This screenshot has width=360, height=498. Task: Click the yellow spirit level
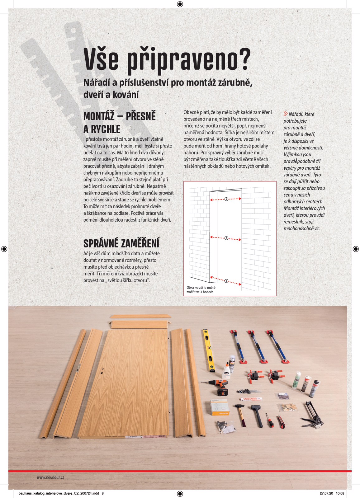coord(209,350)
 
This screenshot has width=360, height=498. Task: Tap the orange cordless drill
coord(219,386)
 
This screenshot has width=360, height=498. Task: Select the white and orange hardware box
coord(219,408)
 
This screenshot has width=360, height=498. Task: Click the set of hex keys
coord(245,391)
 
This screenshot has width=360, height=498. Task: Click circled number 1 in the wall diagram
coord(226,199)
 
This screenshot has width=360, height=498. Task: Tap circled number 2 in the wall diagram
coord(226,238)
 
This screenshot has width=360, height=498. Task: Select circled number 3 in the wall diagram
coord(226,281)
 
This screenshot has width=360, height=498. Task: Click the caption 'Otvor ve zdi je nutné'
coord(201,288)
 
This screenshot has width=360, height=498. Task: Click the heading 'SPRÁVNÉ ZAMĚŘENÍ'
coord(121,243)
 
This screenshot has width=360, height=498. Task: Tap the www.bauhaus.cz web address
coord(50,477)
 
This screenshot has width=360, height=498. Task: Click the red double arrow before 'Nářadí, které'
coord(286,114)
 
